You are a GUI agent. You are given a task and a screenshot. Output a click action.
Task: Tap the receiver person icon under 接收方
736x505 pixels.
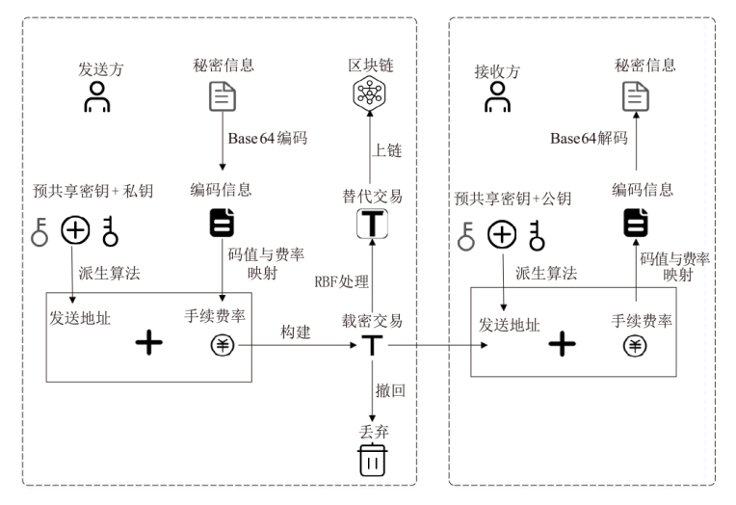[497, 97]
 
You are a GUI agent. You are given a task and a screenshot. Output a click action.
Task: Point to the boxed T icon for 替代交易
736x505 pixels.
[371, 224]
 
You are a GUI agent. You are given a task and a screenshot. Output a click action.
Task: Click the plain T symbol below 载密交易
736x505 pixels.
[371, 344]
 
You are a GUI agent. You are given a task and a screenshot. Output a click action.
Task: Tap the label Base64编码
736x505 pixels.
[267, 138]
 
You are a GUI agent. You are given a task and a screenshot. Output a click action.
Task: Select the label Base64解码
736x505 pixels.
[589, 139]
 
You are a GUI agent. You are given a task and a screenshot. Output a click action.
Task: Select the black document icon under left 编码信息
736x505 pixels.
[222, 224]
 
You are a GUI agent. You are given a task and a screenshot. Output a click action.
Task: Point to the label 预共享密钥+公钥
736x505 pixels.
[513, 199]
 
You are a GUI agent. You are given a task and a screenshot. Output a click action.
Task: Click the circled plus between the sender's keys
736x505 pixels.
[75, 230]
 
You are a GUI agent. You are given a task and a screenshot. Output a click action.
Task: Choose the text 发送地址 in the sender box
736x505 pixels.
[79, 317]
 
